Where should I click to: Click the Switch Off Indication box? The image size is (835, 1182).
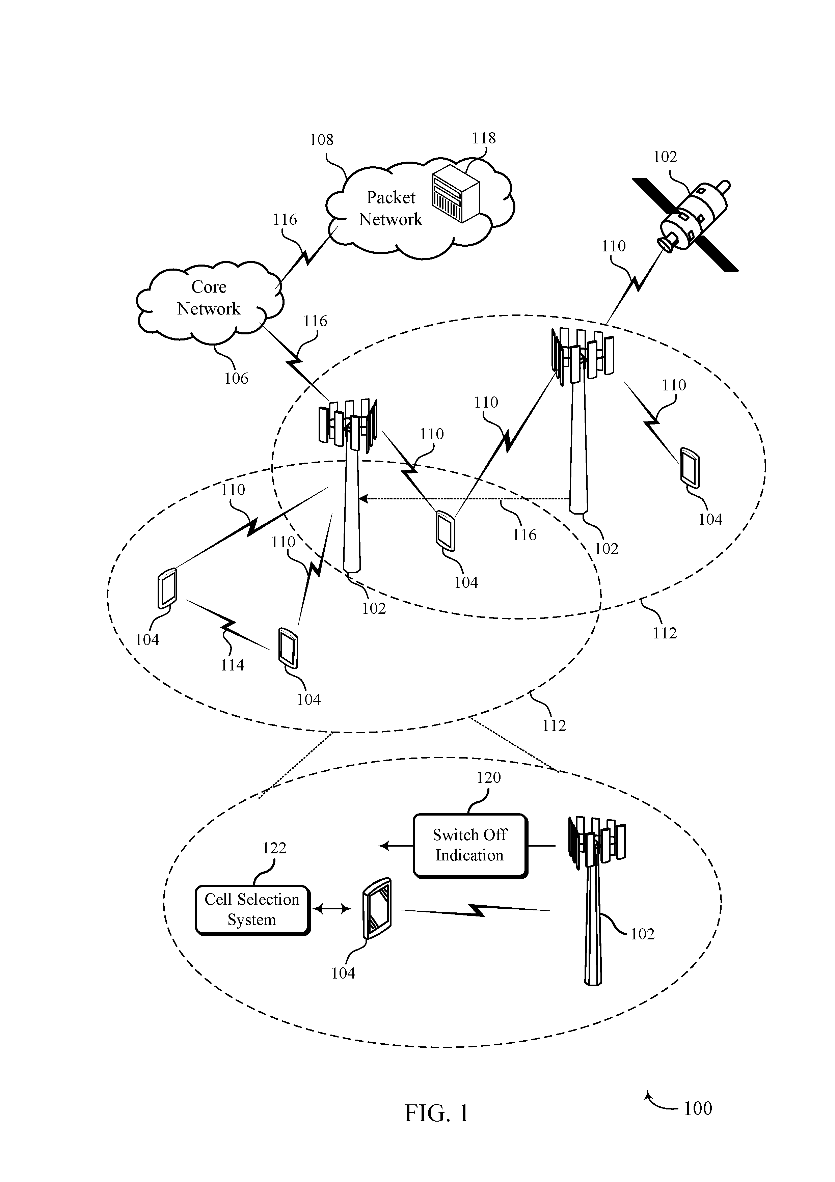(x=470, y=846)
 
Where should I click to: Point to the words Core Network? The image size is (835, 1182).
(x=209, y=298)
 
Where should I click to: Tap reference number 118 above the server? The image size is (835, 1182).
(x=484, y=138)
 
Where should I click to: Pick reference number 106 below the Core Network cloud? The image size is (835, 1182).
(x=236, y=378)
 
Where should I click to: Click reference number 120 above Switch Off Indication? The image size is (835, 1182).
(x=488, y=777)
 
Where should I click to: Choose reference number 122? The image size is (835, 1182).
(x=274, y=848)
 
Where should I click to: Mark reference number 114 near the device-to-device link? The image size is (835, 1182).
(x=232, y=665)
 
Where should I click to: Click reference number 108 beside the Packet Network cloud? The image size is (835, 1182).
(x=321, y=139)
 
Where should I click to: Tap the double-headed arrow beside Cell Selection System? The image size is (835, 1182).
(x=332, y=910)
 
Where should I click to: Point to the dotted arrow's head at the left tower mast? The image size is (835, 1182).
(x=362, y=498)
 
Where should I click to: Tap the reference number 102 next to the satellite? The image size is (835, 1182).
(x=665, y=157)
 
